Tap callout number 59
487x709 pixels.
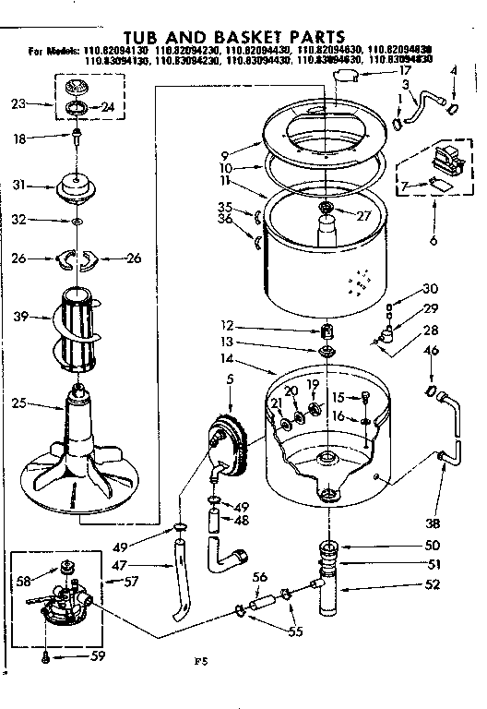pyautogui.click(x=99, y=657)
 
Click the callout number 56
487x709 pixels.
pyautogui.click(x=260, y=577)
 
